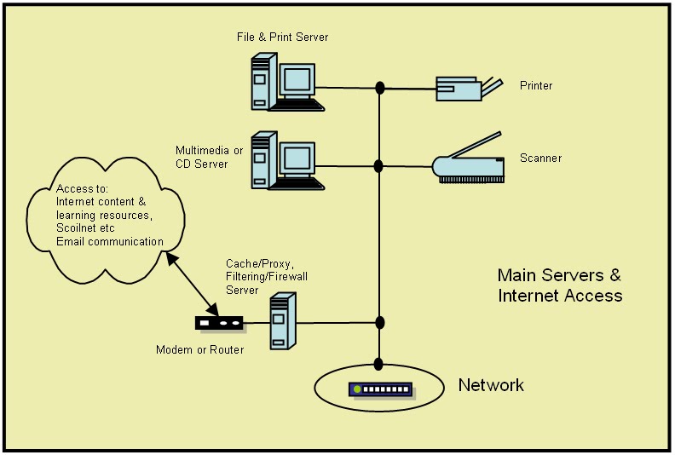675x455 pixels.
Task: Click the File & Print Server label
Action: click(282, 37)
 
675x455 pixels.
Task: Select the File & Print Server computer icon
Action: click(286, 83)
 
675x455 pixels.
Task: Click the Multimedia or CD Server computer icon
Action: click(286, 160)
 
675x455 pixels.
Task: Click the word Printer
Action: click(536, 86)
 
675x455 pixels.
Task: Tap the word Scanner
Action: click(540, 158)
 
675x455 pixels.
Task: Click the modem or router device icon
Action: click(219, 323)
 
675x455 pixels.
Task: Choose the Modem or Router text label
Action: click(199, 350)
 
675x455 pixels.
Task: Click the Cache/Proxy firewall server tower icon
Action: click(281, 321)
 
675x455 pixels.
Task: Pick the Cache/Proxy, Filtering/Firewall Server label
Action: click(262, 277)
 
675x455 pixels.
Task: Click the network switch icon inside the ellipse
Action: click(382, 389)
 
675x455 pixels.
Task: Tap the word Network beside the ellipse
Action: click(491, 385)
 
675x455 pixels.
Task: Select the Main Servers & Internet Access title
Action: click(559, 285)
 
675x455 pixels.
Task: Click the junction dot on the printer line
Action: click(380, 88)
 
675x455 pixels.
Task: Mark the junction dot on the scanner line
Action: click(380, 164)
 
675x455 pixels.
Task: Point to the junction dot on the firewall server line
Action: click(380, 322)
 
